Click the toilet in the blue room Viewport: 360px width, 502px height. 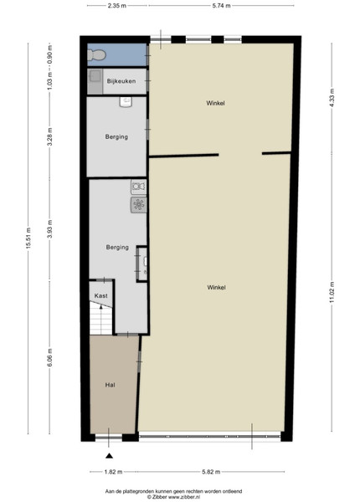coord(96,55)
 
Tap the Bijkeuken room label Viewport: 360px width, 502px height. coord(121,81)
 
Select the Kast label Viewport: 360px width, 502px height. coord(101,296)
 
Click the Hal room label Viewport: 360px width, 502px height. coord(111,385)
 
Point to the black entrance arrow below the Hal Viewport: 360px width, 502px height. coord(109,456)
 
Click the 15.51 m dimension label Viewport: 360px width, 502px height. coord(28,238)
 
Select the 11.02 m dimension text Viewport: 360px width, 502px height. coord(332,292)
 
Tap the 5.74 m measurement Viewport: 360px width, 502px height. coord(221,6)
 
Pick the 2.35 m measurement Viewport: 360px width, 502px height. coord(117,6)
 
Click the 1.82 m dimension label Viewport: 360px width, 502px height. coord(113,472)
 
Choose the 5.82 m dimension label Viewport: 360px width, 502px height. coord(211,472)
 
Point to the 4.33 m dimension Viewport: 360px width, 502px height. coord(332,98)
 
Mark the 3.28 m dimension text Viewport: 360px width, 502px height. coord(49,136)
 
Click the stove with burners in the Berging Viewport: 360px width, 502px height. coord(139,205)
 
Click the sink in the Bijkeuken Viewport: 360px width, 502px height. coord(95,77)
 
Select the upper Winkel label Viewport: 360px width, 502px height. coord(215,103)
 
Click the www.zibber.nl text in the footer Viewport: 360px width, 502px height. coord(184,497)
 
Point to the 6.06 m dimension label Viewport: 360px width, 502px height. coord(49,358)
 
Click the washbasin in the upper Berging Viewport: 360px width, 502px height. coord(126,102)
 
